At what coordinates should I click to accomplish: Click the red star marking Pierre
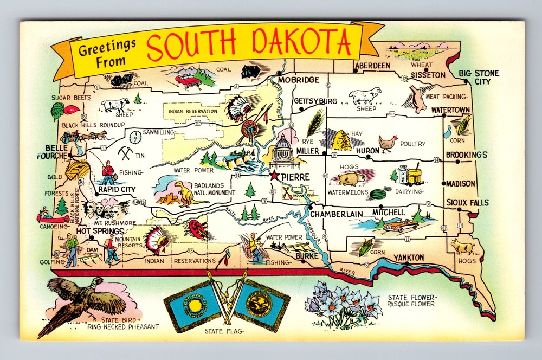(275, 175)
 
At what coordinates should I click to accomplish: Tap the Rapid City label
(117, 189)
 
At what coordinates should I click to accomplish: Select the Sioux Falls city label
(467, 203)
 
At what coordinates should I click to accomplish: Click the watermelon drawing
(378, 194)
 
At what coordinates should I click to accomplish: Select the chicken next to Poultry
(388, 143)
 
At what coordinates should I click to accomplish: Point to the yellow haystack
(341, 141)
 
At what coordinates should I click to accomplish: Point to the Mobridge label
(299, 80)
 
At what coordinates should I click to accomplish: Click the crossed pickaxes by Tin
(126, 153)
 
